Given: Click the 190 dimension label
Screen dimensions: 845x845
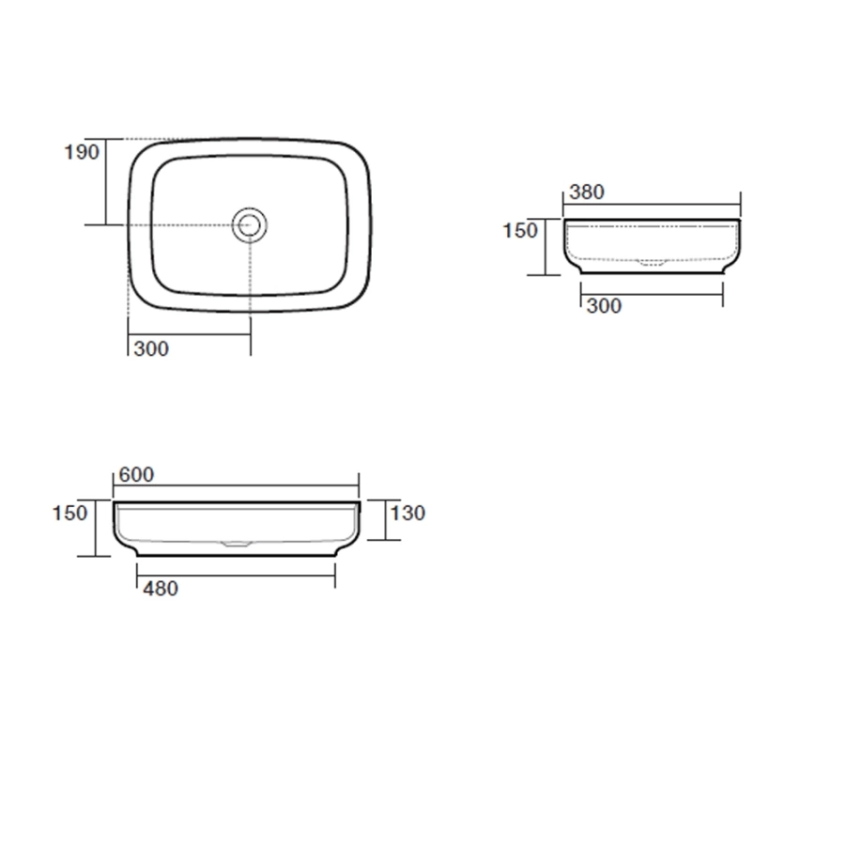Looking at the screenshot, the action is [x=82, y=152].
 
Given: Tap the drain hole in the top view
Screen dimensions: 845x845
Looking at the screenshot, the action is [x=249, y=224].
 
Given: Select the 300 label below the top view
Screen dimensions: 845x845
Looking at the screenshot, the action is [x=151, y=349].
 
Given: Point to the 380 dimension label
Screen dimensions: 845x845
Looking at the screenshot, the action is [x=587, y=192].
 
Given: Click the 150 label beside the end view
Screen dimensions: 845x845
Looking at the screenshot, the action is [x=520, y=231].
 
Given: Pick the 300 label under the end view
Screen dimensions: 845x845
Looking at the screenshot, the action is [x=604, y=306].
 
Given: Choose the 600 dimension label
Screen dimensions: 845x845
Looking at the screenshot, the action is [x=136, y=475].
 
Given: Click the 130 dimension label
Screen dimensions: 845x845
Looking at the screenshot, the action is [x=408, y=513].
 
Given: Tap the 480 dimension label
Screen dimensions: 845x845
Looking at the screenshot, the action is [x=161, y=589].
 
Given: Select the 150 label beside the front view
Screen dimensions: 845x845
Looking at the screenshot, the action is [x=69, y=513].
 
